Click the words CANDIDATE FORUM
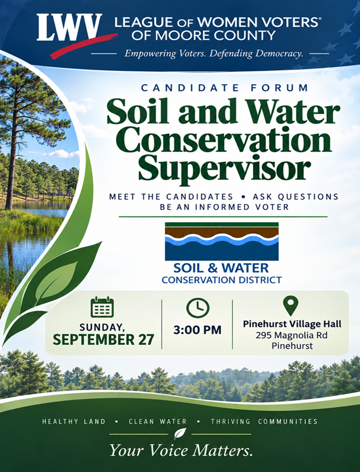[225, 88]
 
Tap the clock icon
[198, 307]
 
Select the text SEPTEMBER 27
[103, 339]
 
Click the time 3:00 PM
[197, 330]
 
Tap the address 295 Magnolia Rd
[292, 335]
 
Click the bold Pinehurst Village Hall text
[292, 324]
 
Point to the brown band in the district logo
[222, 232]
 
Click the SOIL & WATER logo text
[221, 267]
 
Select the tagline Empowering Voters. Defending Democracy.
[214, 54]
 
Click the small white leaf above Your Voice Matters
[180, 434]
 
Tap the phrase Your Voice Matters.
[181, 450]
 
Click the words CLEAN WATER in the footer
[158, 422]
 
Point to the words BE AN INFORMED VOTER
[225, 207]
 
